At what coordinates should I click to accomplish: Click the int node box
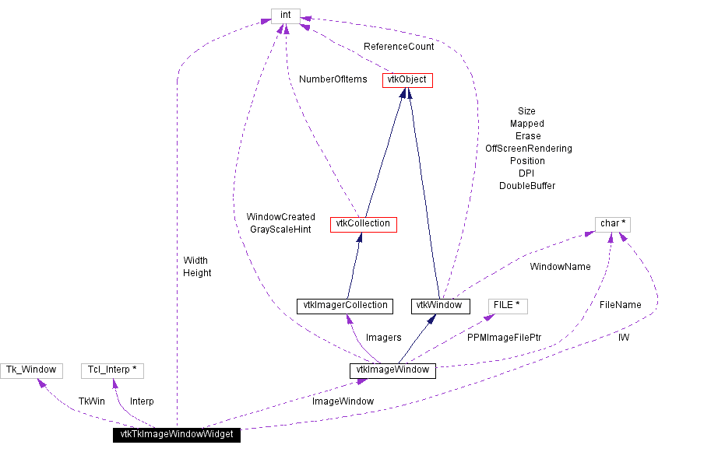[285, 15]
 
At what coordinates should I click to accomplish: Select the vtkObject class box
[407, 80]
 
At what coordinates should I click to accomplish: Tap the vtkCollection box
[363, 224]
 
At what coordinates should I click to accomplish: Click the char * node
[613, 224]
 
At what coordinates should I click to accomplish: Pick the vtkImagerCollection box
[344, 306]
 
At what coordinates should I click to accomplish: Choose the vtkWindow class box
[441, 306]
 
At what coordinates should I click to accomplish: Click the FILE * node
[507, 305]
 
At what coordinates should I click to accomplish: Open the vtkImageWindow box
[392, 370]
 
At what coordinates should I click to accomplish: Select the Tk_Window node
[32, 370]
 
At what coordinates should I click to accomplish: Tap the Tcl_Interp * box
[112, 370]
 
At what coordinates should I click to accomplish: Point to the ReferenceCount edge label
[399, 47]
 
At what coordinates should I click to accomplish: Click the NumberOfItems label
[333, 79]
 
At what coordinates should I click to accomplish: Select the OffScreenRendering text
[528, 149]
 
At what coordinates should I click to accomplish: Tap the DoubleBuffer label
[527, 186]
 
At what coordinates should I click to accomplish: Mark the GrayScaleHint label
[280, 230]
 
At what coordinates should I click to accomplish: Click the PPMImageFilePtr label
[504, 338]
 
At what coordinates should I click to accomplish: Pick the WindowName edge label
[560, 267]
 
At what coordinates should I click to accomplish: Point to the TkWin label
[91, 401]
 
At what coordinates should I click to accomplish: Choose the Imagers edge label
[383, 338]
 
